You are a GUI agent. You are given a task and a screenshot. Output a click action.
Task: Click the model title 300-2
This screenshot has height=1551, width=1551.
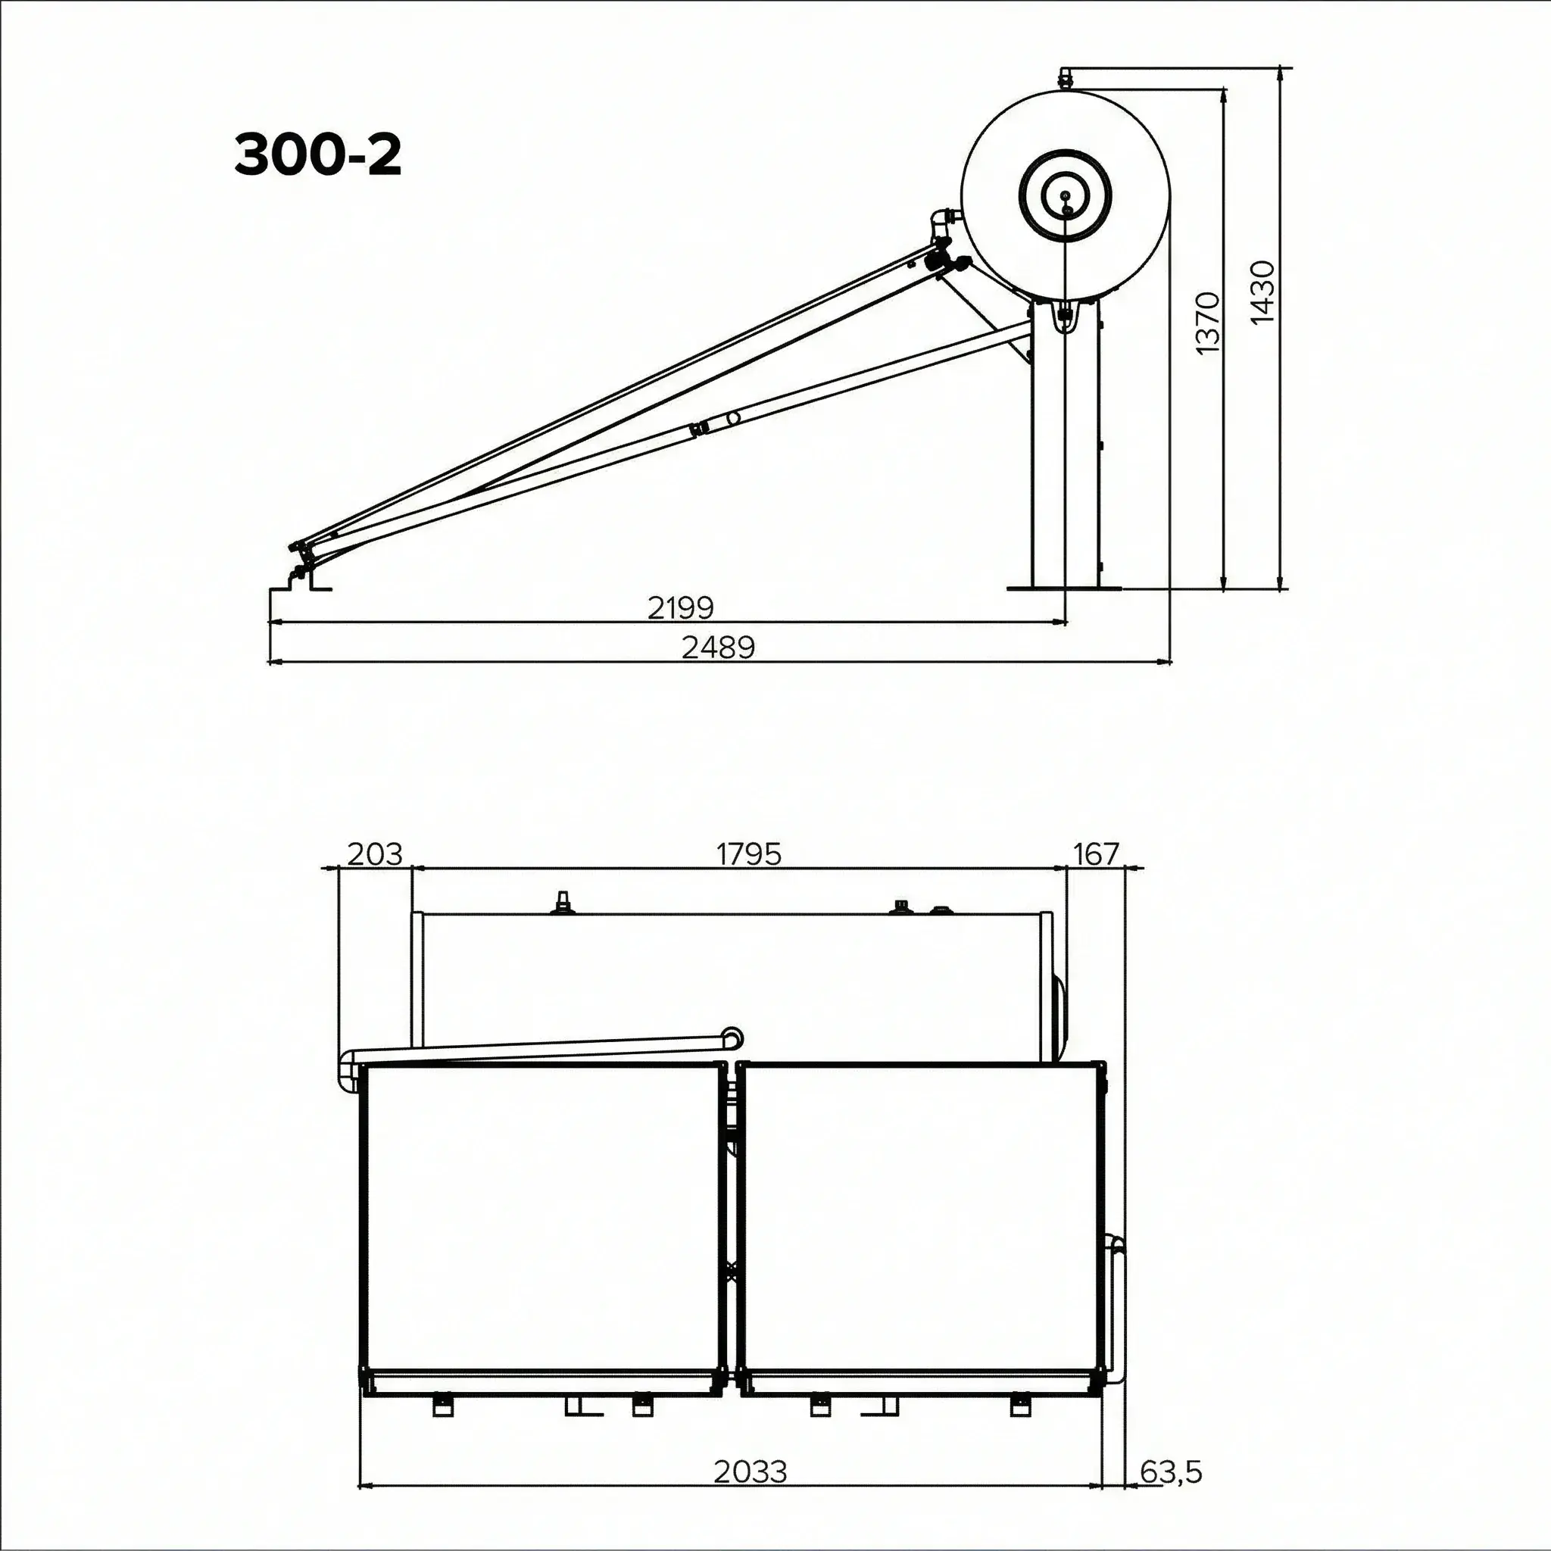coord(318,155)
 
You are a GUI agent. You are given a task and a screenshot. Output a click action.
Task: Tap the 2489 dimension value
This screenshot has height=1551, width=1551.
coord(719,647)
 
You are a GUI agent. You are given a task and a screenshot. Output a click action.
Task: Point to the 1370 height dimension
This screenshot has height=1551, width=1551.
coord(1208,323)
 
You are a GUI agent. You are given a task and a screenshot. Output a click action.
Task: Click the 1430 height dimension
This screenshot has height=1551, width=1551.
coord(1262,292)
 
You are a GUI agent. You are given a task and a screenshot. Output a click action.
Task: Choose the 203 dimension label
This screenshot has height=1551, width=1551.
coord(374,854)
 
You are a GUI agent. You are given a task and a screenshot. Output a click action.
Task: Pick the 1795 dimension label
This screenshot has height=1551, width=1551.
coord(748,854)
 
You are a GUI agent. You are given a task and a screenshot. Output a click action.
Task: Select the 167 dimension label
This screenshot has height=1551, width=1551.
coord(1097,854)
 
